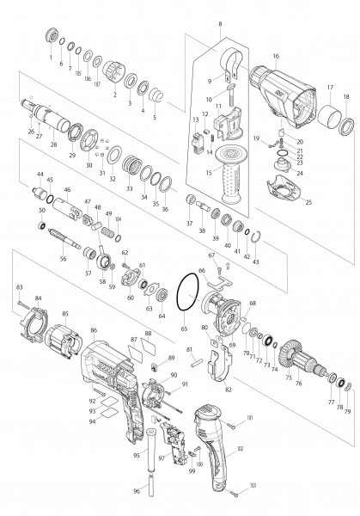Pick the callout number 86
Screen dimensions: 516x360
(94, 329)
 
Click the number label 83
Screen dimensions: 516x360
(19, 286)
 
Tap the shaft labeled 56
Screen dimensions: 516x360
(58, 236)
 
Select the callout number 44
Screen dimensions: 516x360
(39, 175)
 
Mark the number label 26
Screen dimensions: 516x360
(30, 132)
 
